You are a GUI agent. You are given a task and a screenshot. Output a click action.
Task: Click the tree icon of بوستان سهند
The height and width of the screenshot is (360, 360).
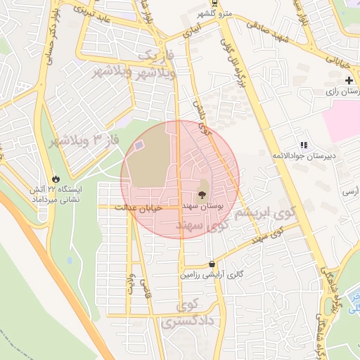[202, 195]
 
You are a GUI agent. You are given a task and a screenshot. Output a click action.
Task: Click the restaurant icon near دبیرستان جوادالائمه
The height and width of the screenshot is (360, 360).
[303, 144]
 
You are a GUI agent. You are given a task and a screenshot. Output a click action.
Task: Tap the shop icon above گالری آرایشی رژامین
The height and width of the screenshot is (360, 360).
[212, 264]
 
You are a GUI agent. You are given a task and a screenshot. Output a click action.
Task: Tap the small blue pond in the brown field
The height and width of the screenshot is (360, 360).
[139, 145]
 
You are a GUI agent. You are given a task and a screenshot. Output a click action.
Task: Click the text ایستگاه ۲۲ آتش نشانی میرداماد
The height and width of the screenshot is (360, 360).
[55, 195]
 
